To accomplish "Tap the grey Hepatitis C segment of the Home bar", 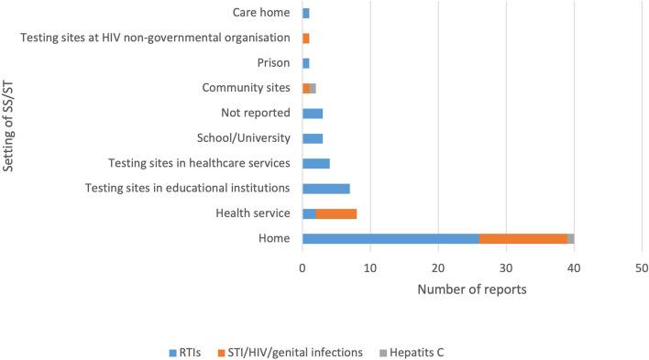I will pos(570,238).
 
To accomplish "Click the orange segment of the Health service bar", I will pos(335,213).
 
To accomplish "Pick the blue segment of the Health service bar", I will pos(309,213).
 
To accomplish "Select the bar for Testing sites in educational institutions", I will pos(325,189).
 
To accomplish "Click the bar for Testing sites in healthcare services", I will pos(315,163).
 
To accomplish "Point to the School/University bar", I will pos(313,138).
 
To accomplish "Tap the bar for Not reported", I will pos(313,114).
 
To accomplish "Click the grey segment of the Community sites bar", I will pos(313,88).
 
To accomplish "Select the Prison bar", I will pos(306,63).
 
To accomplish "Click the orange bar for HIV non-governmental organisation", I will pos(306,38).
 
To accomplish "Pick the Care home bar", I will pos(306,13).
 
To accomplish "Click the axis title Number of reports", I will pos(471,289).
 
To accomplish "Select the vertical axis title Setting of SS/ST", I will pos(12,126).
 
